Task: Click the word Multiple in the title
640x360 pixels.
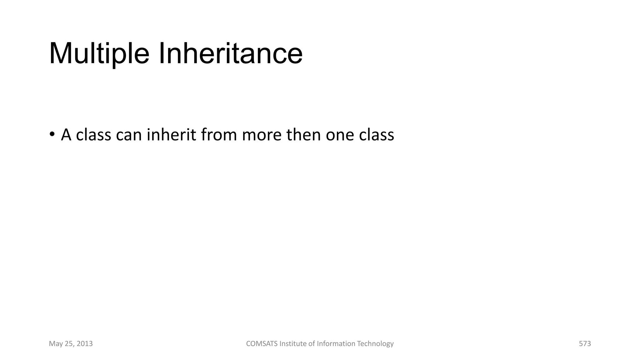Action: point(99,54)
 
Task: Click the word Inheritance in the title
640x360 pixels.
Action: point(231,54)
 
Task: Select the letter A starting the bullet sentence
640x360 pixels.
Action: point(66,135)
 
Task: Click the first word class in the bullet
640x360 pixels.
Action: point(93,135)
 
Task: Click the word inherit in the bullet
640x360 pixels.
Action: point(171,135)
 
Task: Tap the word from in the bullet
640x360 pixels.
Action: point(219,135)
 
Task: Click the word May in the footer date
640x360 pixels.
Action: point(56,344)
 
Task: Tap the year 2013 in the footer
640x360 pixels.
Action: point(85,344)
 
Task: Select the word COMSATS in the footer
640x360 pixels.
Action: point(262,344)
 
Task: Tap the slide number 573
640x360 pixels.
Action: point(585,344)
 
